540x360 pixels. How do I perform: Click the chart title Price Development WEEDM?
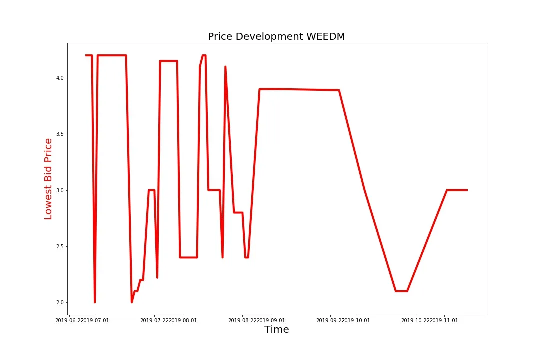pyautogui.click(x=276, y=36)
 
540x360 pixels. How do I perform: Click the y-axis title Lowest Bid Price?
pyautogui.click(x=48, y=179)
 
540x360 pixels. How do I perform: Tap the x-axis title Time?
pyautogui.click(x=276, y=330)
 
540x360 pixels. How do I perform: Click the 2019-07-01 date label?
pyautogui.click(x=95, y=320)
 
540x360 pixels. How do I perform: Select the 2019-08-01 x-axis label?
pyautogui.click(x=183, y=320)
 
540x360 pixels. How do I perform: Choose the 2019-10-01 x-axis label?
pyautogui.click(x=356, y=320)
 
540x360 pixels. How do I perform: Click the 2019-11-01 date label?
pyautogui.click(x=444, y=320)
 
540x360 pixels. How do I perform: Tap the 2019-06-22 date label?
pyautogui.click(x=69, y=320)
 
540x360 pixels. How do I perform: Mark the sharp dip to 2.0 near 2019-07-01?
pyautogui.click(x=95, y=301)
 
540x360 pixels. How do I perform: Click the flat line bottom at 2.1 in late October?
pyautogui.click(x=401, y=291)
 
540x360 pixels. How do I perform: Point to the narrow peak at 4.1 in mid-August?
pyautogui.click(x=225, y=67)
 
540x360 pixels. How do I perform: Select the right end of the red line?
pyautogui.click(x=467, y=190)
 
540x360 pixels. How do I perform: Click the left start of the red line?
pyautogui.click(x=86, y=55)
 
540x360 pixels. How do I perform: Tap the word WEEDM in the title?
pyautogui.click(x=326, y=36)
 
